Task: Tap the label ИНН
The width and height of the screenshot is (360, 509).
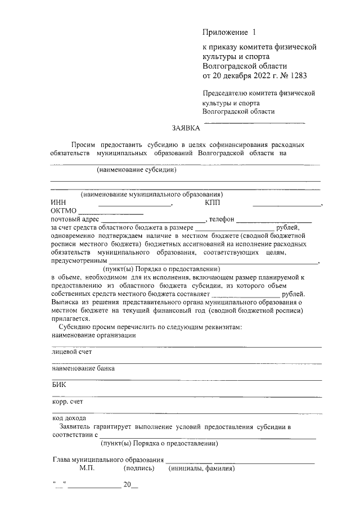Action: coord(58,202)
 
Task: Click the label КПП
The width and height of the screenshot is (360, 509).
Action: coord(213,202)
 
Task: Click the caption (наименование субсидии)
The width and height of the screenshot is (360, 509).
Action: coord(137,170)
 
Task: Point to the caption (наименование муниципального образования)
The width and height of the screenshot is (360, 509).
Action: coord(152,195)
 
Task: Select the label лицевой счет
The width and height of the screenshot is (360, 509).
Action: coord(71,352)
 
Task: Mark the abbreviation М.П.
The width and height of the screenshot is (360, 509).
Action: coord(88,468)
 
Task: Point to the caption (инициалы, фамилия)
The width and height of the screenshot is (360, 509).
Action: coord(201,468)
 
